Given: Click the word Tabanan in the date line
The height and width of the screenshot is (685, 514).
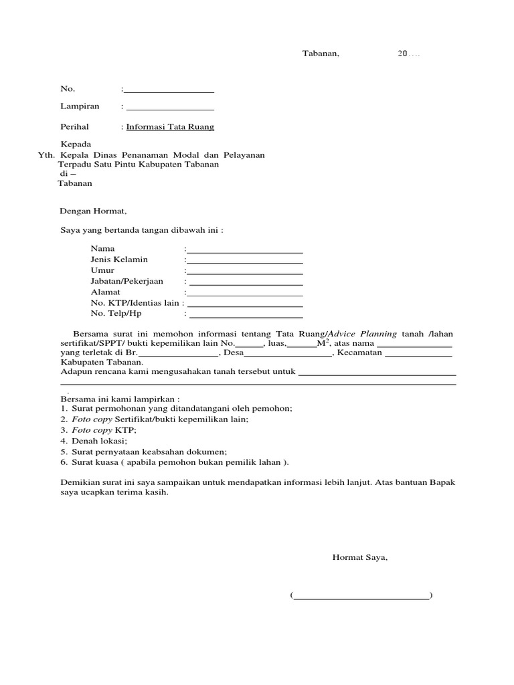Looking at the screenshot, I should tap(321, 54).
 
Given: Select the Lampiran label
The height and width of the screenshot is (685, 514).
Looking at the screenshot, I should tap(80, 106).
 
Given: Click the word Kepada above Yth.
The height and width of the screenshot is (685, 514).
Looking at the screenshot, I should tap(76, 144).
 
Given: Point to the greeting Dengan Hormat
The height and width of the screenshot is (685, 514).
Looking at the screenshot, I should tap(93, 211).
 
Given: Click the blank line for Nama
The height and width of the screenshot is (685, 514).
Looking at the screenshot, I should tap(244, 250).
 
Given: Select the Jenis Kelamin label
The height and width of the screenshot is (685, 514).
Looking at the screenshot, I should tap(119, 260).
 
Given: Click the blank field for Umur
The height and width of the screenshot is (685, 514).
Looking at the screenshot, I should tap(244, 272).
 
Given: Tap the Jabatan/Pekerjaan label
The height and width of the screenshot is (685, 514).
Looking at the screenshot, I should tap(126, 282).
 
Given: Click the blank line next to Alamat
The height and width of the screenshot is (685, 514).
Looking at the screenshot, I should tap(244, 294).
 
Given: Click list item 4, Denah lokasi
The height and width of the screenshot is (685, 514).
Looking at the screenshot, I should tap(98, 442).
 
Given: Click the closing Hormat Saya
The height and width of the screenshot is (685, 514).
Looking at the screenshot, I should tap(359, 557).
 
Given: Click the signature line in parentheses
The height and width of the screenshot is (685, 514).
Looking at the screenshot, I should tap(361, 596).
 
